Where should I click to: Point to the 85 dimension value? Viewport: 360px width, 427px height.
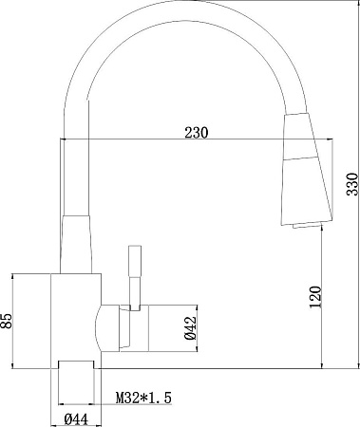click(x=8, y=320)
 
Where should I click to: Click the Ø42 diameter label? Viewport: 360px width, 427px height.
click(x=189, y=325)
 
